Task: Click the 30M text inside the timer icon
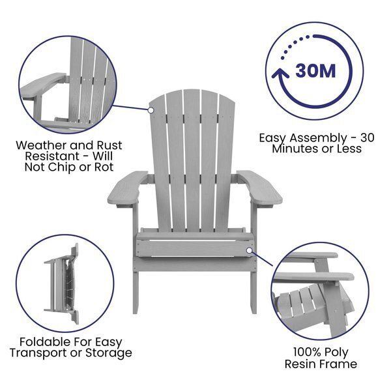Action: (317, 70)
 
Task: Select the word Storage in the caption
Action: (108, 353)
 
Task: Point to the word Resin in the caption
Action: (300, 364)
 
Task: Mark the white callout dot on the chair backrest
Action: (151, 110)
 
